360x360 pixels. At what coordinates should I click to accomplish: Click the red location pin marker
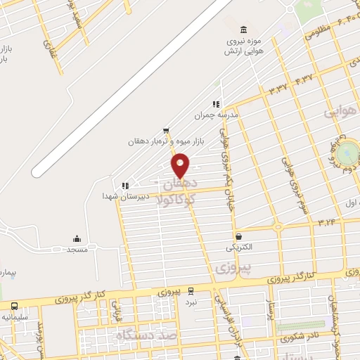pyautogui.click(x=181, y=165)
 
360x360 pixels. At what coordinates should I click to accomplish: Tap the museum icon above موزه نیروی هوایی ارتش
pyautogui.click(x=243, y=29)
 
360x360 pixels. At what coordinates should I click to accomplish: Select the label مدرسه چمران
pyautogui.click(x=218, y=113)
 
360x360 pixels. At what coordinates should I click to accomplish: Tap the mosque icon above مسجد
pyautogui.click(x=77, y=239)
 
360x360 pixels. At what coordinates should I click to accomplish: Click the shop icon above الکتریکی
pyautogui.click(x=240, y=237)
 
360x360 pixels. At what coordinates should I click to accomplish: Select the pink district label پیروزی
pyautogui.click(x=232, y=268)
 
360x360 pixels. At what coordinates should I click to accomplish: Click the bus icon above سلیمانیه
pyautogui.click(x=14, y=306)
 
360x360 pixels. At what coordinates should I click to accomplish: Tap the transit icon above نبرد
pyautogui.click(x=191, y=291)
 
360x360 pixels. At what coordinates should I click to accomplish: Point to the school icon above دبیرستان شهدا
pyautogui.click(x=125, y=186)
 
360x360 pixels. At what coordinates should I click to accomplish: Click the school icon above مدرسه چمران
pyautogui.click(x=217, y=103)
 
